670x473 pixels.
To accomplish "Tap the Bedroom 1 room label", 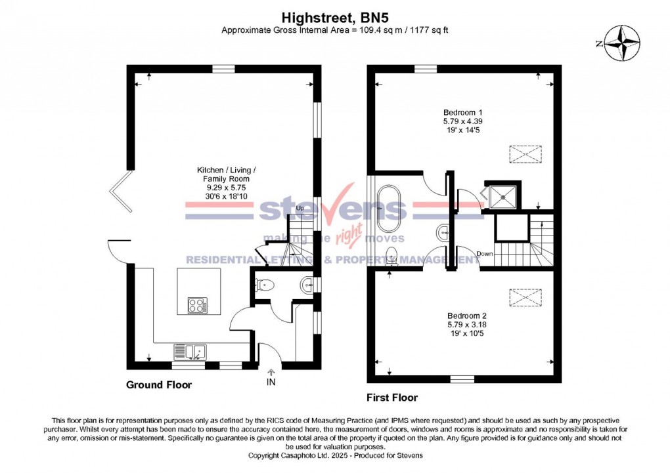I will coord(458,112).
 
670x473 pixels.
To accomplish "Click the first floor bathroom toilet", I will coord(392,255).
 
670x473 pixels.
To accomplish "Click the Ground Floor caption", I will coord(159,385).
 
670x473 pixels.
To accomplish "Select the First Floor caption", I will coord(391,398).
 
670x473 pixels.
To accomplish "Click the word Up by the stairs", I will coord(300,208).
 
